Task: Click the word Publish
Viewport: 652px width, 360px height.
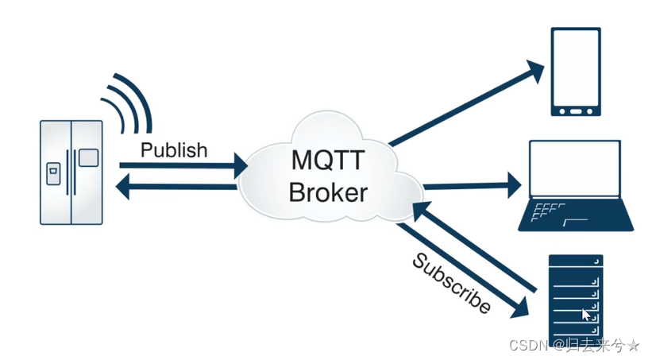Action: point(173,149)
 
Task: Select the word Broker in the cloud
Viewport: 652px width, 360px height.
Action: point(327,192)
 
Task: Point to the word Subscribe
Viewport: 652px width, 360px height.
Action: point(449,283)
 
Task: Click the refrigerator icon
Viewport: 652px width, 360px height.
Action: point(72,172)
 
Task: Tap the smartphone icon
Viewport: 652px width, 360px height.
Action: point(576,72)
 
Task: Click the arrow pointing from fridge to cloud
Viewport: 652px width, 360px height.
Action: point(183,166)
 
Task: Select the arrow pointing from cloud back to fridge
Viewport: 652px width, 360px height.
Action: point(179,188)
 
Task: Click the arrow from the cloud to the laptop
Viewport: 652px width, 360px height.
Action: point(472,188)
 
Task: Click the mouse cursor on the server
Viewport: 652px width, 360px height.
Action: point(586,315)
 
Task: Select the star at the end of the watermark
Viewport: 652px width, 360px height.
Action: point(633,345)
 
